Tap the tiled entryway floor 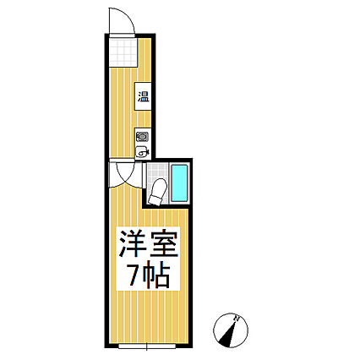(x=123, y=52)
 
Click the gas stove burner (x=142, y=138)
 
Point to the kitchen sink (x=142, y=152)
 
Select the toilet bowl (x=159, y=186)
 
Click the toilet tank (x=155, y=199)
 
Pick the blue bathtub (x=179, y=183)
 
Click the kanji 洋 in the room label (x=133, y=244)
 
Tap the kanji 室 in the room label (x=163, y=244)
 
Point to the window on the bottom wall (x=147, y=346)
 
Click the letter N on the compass (x=237, y=319)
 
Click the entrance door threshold (x=122, y=35)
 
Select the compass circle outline (x=214, y=330)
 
